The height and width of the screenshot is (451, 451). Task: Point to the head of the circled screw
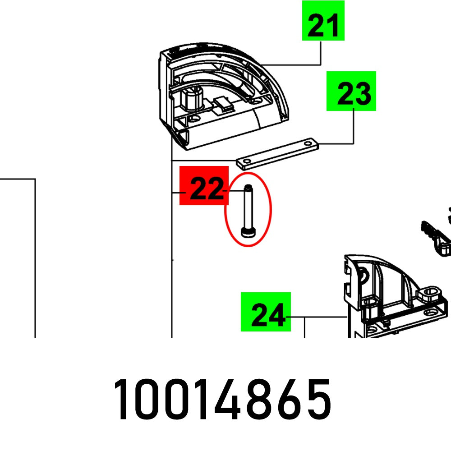(x=248, y=232)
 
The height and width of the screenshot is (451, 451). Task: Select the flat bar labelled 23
(x=277, y=152)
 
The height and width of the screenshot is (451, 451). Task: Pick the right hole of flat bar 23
(x=308, y=144)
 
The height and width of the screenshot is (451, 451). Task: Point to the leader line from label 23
(x=353, y=131)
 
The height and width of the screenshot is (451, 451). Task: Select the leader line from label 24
(x=318, y=318)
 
